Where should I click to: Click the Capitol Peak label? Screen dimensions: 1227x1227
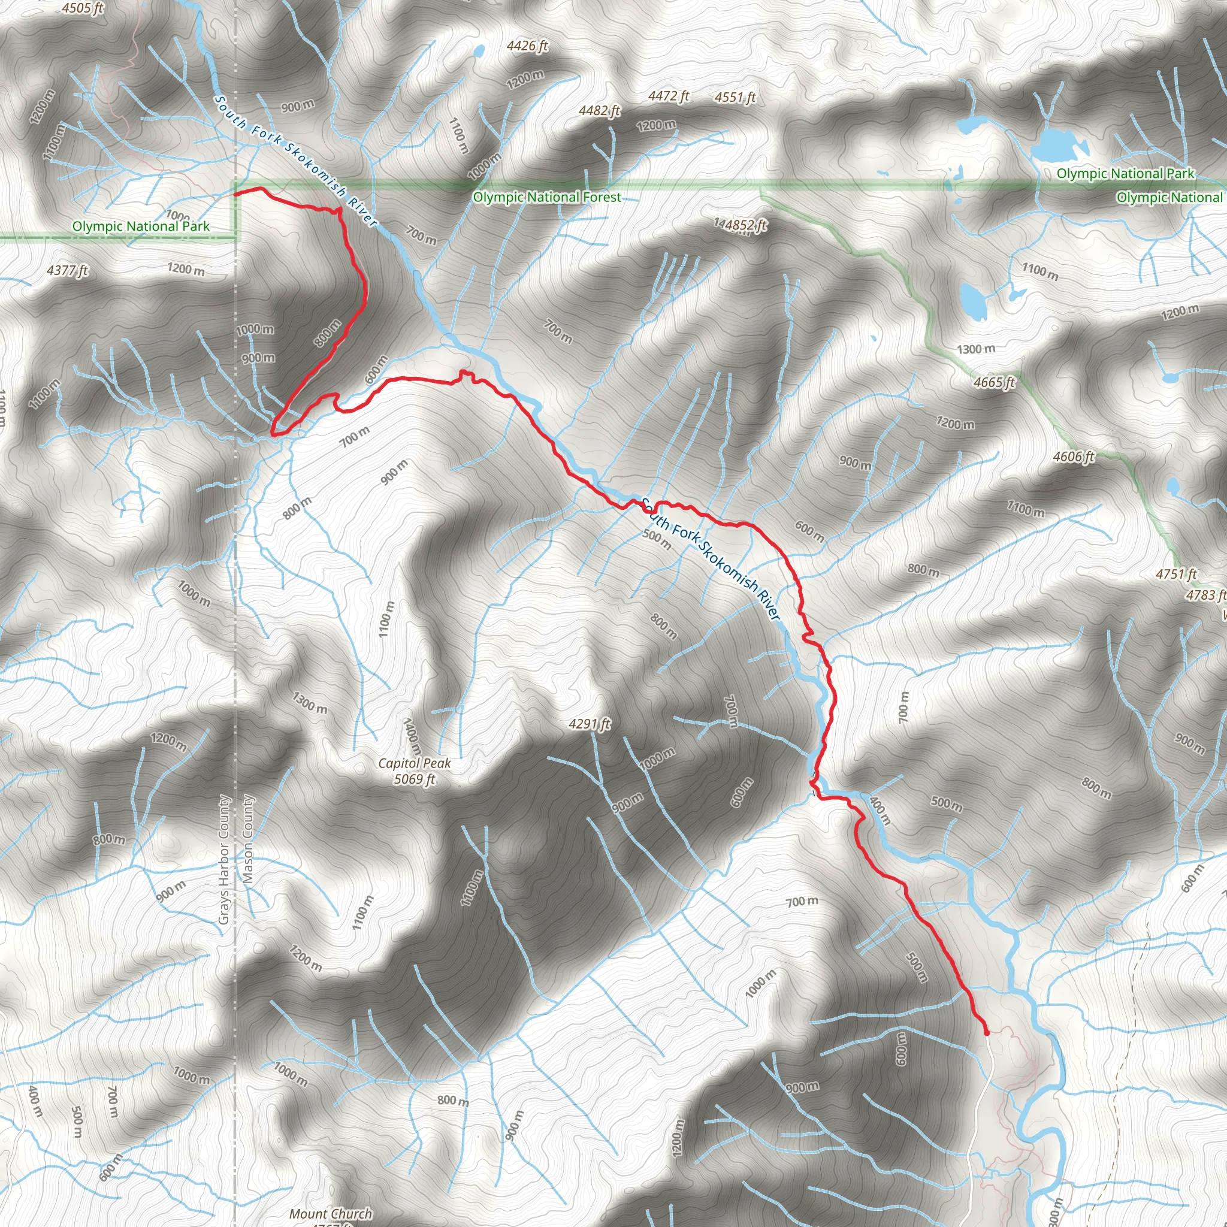click(x=414, y=763)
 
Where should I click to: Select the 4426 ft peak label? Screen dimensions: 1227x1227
click(x=527, y=46)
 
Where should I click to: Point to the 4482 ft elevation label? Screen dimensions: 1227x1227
click(x=599, y=110)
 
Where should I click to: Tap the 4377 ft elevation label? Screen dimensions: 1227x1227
click(x=67, y=271)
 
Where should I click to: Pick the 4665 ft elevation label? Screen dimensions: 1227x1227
click(x=994, y=382)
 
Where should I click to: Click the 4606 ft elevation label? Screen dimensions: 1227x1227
click(x=1073, y=457)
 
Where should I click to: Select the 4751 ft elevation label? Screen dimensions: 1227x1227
click(x=1176, y=574)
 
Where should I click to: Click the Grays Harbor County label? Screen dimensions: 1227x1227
click(x=223, y=859)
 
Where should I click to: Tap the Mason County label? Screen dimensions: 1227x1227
click(x=247, y=838)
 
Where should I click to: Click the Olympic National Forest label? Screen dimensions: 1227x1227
click(x=547, y=197)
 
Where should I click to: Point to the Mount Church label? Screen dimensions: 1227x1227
click(x=330, y=1214)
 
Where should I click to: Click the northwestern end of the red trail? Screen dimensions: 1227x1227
click(x=236, y=192)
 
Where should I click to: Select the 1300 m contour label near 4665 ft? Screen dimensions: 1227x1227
click(x=976, y=349)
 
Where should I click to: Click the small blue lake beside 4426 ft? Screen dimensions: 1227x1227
click(x=479, y=50)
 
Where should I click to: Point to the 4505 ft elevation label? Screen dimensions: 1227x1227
click(x=83, y=8)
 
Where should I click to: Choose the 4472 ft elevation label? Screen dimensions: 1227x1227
click(x=668, y=96)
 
